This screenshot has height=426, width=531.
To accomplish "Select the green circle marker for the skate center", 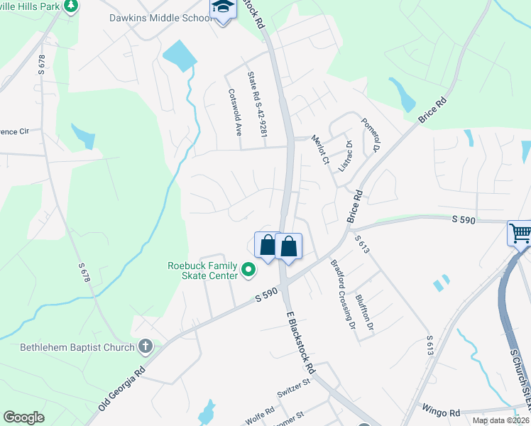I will (248, 269).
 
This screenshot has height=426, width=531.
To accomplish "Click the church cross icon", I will (145, 346).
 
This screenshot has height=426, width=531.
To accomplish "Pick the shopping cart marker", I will (520, 233).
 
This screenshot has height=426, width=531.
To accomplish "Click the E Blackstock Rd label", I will (300, 342).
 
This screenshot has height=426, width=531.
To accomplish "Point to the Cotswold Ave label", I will (235, 111).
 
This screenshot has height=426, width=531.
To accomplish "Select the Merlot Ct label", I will (321, 151).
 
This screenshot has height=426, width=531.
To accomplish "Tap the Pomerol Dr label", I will (371, 134).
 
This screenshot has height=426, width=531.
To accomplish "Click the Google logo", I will (24, 417).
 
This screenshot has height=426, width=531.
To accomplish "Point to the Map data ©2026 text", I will (500, 420).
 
